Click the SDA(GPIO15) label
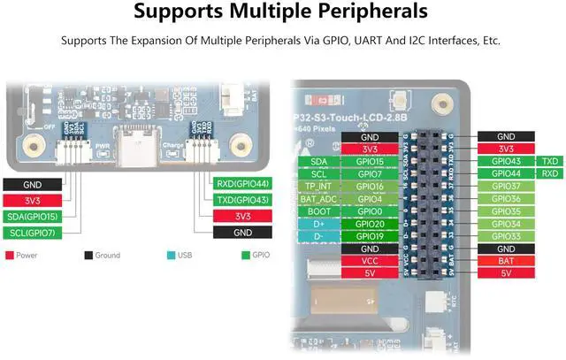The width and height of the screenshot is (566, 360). click(x=33, y=217)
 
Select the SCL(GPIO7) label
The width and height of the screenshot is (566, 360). click(x=33, y=233)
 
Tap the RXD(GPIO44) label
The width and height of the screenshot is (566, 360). click(x=241, y=184)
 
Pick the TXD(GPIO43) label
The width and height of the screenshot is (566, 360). click(x=241, y=200)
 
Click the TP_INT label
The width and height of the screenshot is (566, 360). click(x=318, y=187)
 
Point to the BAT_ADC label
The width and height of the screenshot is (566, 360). click(x=318, y=199)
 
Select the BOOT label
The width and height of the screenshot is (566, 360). click(x=318, y=212)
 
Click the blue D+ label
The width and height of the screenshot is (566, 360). click(x=318, y=225)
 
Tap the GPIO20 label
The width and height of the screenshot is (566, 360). click(x=370, y=225)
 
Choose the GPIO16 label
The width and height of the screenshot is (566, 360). click(x=370, y=187)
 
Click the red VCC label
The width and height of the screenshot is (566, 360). click(x=370, y=262)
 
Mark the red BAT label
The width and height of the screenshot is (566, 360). click(x=506, y=262)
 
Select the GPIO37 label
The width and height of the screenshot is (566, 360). click(x=506, y=187)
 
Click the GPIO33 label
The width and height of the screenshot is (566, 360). click(x=506, y=237)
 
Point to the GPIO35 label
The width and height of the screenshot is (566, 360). click(x=506, y=212)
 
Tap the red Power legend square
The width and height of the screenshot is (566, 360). click(x=9, y=255)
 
